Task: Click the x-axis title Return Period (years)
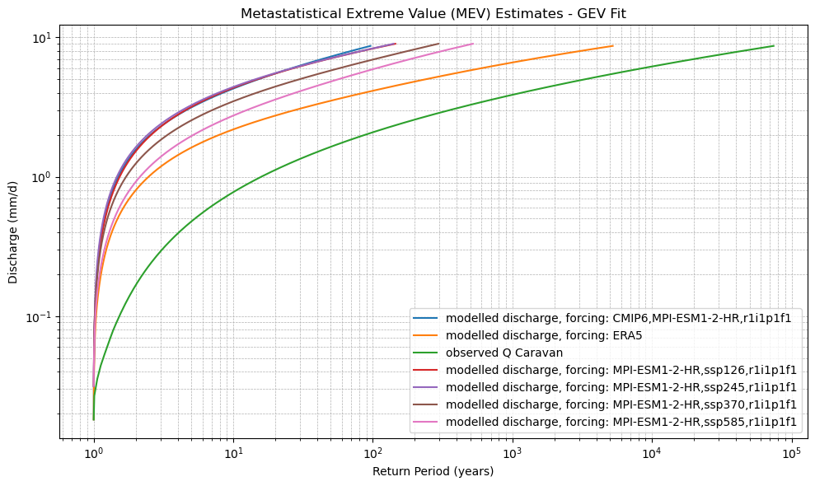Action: click(x=433, y=471)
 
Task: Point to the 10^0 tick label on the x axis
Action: click(x=93, y=454)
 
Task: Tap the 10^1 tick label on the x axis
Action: click(x=233, y=454)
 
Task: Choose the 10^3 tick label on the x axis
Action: click(x=513, y=454)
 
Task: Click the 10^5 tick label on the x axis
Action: click(x=792, y=454)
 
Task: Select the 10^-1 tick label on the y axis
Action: click(x=38, y=317)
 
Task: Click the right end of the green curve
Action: click(x=774, y=46)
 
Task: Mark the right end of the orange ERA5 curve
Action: click(x=612, y=46)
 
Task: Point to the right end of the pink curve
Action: click(x=473, y=44)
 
